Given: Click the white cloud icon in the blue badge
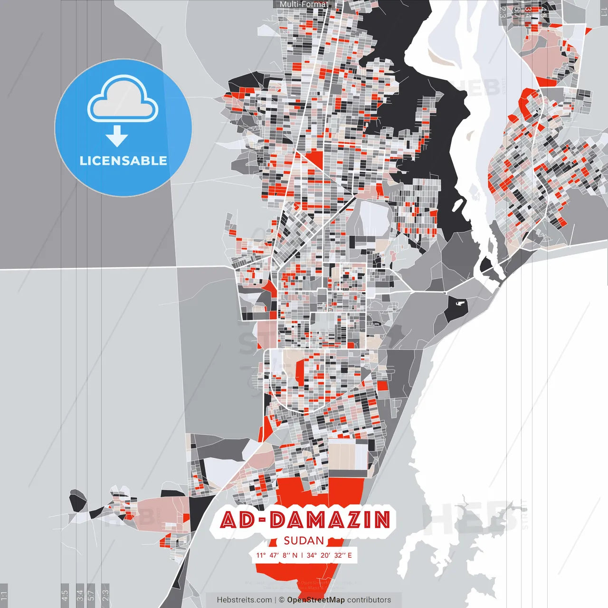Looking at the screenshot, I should pyautogui.click(x=123, y=100).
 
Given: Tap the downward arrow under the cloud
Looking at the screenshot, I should pyautogui.click(x=117, y=136).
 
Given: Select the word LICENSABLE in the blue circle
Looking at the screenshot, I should pyautogui.click(x=123, y=161).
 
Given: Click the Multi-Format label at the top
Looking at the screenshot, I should pyautogui.click(x=304, y=4).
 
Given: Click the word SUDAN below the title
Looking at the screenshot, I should pyautogui.click(x=304, y=541).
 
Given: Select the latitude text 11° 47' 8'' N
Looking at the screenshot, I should pyautogui.click(x=277, y=555).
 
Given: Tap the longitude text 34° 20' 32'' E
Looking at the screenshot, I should pyautogui.click(x=329, y=555).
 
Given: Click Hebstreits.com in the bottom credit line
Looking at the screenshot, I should pyautogui.click(x=245, y=600).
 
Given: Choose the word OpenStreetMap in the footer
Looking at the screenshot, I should pyautogui.click(x=316, y=600).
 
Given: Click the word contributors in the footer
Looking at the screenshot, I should pyautogui.click(x=369, y=600).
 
